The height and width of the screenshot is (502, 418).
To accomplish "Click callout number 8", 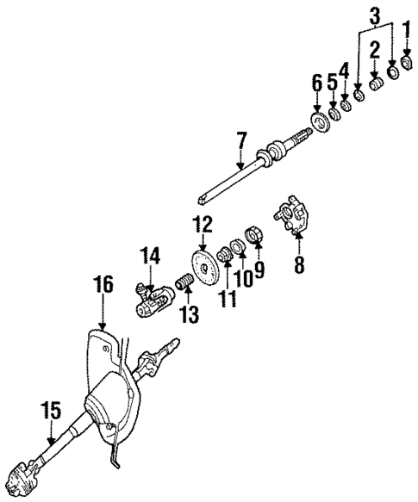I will pos(299,263).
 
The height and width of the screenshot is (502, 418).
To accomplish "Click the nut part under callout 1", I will pos(409,64).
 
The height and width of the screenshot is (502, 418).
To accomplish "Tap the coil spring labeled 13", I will pos(184,282).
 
